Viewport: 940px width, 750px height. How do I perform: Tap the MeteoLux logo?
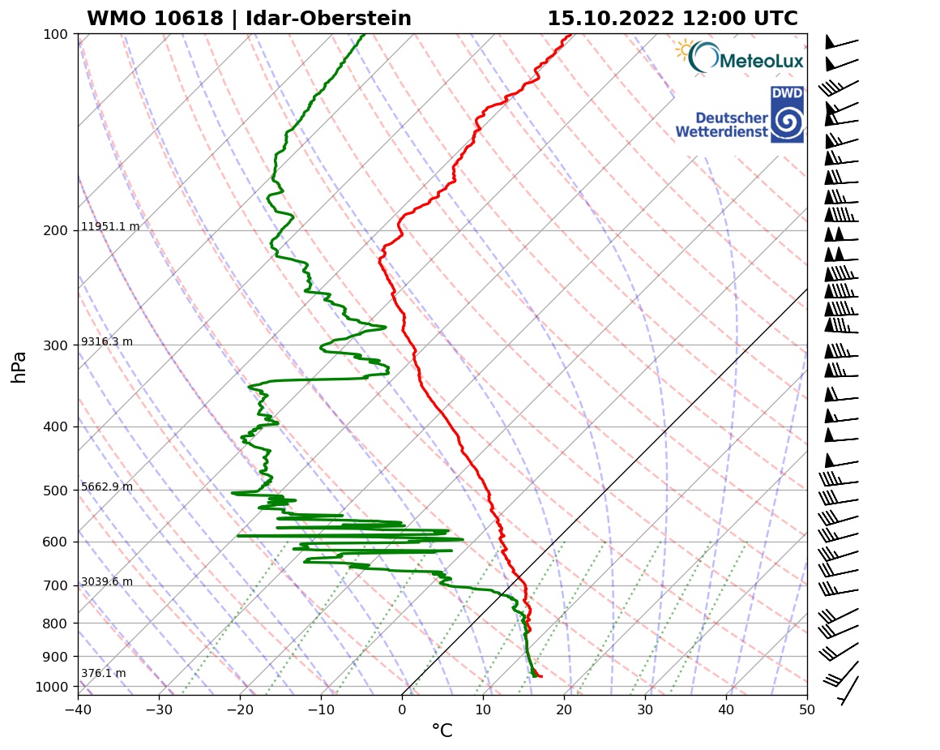click(740, 58)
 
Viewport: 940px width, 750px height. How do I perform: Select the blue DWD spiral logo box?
click(787, 114)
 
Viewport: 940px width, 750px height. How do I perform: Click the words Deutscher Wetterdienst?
click(721, 124)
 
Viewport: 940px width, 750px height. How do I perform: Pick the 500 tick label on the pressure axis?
click(55, 491)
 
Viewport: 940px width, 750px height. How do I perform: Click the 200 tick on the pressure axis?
click(55, 231)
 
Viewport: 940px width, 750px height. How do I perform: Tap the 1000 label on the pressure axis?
click(52, 688)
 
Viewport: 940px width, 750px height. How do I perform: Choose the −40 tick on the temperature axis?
click(78, 708)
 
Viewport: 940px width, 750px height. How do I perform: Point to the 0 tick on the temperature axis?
click(403, 708)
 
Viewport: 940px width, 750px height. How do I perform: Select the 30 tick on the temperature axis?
click(646, 708)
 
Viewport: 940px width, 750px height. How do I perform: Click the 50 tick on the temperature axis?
click(807, 708)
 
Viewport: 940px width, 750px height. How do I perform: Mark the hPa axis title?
click(19, 366)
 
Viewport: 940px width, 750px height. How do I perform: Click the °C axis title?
click(442, 731)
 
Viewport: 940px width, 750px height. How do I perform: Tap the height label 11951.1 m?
click(110, 227)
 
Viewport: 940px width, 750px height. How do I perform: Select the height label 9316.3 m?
click(107, 342)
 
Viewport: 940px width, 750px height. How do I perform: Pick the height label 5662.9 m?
click(107, 487)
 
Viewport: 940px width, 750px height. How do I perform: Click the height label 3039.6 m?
click(107, 582)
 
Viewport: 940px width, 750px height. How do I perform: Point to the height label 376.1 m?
click(103, 674)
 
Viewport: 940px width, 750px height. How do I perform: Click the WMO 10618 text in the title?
click(154, 19)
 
